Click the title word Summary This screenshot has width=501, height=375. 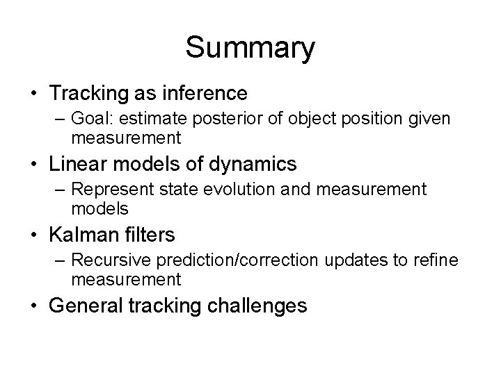pos(250,48)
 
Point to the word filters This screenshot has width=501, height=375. pos(150,235)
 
